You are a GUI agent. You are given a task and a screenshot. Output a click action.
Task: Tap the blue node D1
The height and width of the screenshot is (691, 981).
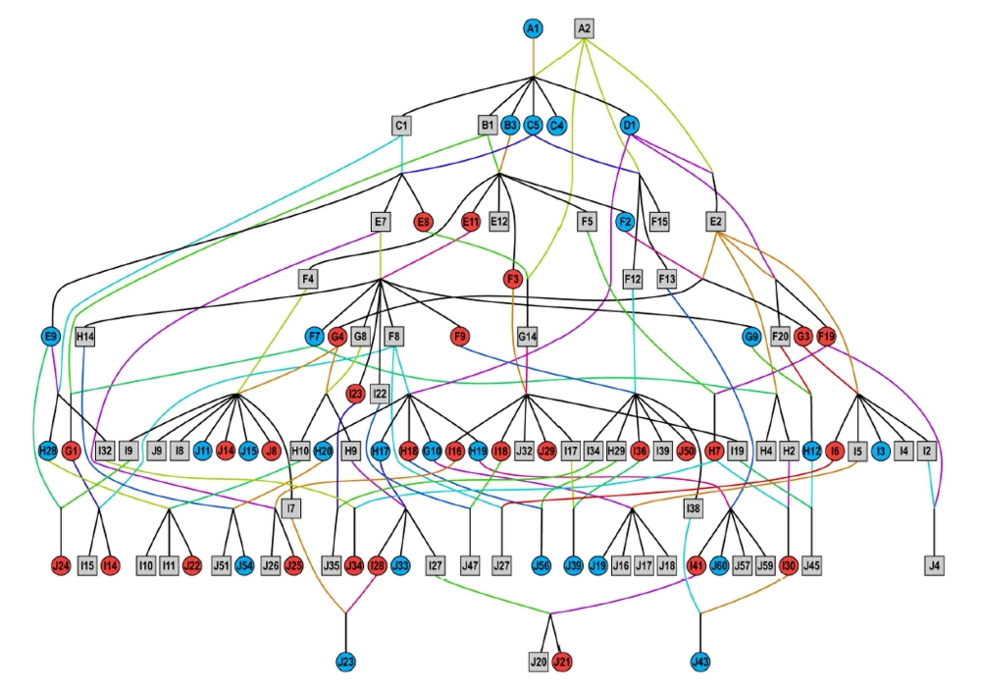[x=630, y=125]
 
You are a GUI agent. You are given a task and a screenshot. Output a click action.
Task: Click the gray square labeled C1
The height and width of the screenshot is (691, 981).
[x=401, y=125]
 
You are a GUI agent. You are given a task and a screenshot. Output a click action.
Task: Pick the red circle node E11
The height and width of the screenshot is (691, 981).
[x=471, y=222]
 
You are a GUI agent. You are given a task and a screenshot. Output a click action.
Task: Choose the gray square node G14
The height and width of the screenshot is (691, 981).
[x=527, y=337]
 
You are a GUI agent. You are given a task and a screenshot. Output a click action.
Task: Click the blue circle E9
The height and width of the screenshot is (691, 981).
[x=51, y=336]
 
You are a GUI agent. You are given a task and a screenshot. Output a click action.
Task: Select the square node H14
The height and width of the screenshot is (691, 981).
[x=85, y=337]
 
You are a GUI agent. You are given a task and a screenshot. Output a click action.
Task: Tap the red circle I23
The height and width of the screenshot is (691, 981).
[x=355, y=394]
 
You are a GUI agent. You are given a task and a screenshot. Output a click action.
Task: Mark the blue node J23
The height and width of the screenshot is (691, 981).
[x=346, y=662]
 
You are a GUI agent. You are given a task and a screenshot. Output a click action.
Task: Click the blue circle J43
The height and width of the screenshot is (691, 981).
[x=700, y=662]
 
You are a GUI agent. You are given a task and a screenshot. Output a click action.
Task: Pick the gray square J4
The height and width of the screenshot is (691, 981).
[x=934, y=566]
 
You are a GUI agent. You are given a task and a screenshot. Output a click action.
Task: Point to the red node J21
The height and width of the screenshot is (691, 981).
[x=561, y=662]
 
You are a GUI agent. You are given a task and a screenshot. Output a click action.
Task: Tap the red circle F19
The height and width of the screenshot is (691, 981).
[x=826, y=336]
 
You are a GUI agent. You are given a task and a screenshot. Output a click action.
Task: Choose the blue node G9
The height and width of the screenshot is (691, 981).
[x=752, y=336]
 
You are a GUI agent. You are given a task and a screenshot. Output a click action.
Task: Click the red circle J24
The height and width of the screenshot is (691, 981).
[x=61, y=566]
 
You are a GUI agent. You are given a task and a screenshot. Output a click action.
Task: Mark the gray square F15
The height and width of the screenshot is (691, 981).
[x=659, y=222]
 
